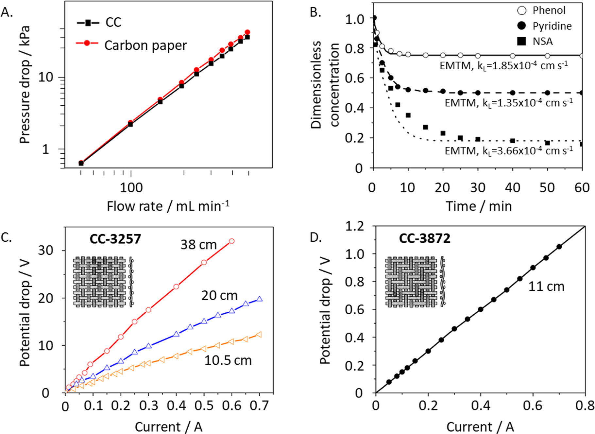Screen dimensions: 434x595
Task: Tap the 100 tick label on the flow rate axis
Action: pos(131,188)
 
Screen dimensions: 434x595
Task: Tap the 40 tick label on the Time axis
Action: pos(512,188)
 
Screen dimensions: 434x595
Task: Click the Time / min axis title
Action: pos(479,206)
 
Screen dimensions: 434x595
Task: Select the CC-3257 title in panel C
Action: pos(115,239)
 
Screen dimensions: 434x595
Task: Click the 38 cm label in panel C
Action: pos(198,245)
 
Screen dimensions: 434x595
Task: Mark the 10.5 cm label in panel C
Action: pos(228,360)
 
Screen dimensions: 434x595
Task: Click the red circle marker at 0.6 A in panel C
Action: pos(232,241)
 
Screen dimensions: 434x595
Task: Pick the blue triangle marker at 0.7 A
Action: pos(260,299)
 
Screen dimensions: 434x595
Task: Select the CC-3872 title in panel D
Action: pos(424,238)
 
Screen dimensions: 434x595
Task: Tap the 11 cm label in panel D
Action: pos(546,286)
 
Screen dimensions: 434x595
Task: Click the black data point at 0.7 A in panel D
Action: pos(559,247)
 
